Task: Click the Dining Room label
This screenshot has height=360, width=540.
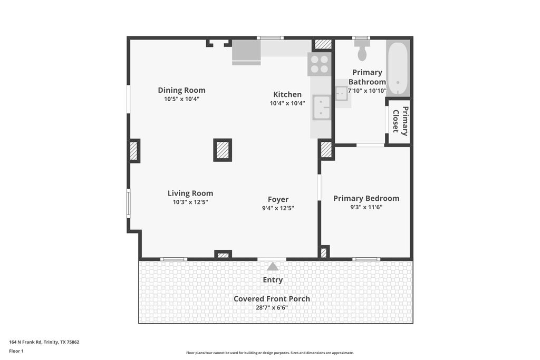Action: (181, 90)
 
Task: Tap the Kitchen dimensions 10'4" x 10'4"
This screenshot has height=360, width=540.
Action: (287, 103)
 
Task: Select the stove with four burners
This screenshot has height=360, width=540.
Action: (319, 64)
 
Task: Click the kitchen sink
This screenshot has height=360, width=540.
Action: (321, 108)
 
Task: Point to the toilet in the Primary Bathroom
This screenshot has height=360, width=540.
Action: (362, 51)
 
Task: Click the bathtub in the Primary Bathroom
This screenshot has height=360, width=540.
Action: (398, 68)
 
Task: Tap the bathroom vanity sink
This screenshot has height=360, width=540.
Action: (341, 93)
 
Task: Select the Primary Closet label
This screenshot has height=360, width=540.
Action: (401, 121)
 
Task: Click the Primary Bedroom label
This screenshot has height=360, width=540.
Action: (366, 198)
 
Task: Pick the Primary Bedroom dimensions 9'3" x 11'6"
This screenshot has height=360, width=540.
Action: (366, 207)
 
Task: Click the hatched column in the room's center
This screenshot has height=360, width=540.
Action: (223, 150)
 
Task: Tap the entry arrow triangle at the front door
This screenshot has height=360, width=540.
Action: (273, 266)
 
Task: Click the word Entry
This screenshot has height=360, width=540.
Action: (273, 280)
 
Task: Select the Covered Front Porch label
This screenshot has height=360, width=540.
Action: (272, 299)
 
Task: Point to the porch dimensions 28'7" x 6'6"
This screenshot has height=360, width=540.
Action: (272, 308)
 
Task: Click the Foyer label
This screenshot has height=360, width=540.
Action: (278, 199)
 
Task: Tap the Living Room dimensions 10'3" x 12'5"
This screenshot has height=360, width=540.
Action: (190, 202)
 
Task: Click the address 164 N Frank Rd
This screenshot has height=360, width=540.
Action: (25, 342)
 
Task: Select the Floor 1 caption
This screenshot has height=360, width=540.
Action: (16, 351)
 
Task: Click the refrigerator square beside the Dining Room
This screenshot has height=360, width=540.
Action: (246, 52)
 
